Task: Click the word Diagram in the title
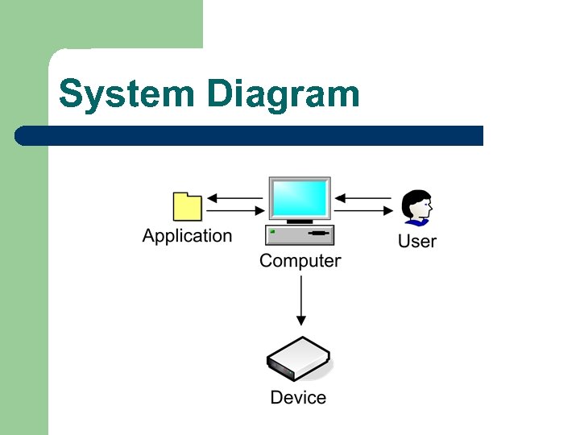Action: [282, 95]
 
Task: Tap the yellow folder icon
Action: [188, 207]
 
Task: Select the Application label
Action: [187, 236]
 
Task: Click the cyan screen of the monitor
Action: [300, 198]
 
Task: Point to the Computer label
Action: [300, 261]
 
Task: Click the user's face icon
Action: [418, 205]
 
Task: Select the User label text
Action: [417, 242]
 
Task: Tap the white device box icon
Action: [298, 359]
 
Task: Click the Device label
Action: [298, 398]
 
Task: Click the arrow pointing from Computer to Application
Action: [235, 197]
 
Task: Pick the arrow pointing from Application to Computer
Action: [235, 211]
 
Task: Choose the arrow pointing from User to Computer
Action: [364, 197]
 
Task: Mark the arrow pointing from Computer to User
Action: [364, 211]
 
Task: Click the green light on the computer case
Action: [273, 232]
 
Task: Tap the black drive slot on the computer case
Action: [319, 234]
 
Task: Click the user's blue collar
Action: [416, 222]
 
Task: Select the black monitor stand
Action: [300, 221]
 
